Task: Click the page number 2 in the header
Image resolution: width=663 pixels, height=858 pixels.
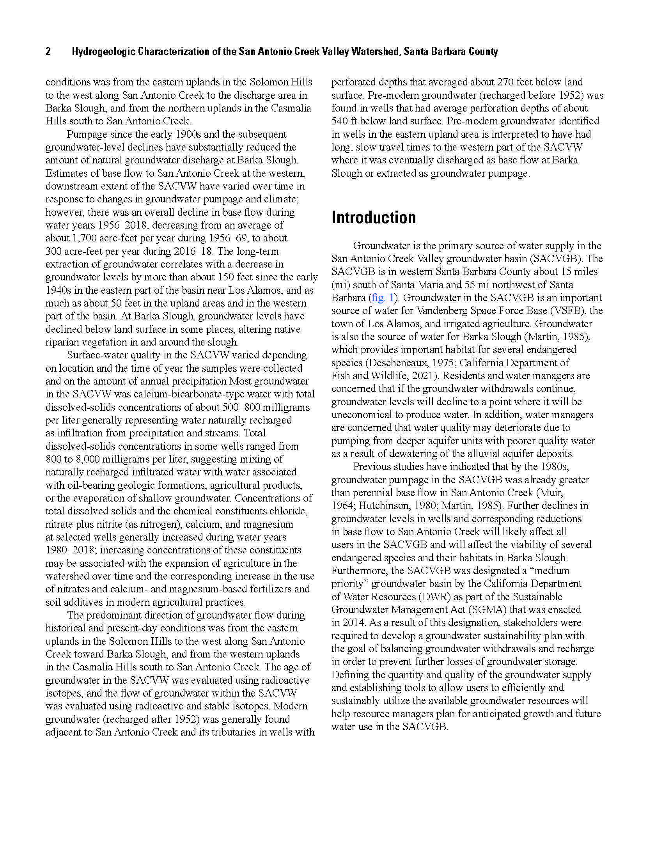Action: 48,51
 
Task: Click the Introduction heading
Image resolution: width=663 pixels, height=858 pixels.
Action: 373,218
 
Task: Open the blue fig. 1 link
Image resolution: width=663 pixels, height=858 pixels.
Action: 382,298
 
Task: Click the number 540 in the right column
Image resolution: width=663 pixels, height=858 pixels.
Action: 339,121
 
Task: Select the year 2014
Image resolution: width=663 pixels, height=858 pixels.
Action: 353,623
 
